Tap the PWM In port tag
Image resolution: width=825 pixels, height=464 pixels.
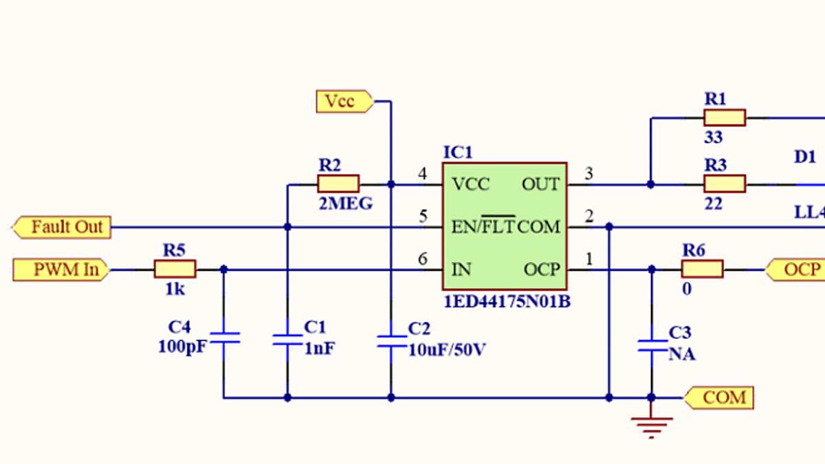point(60,269)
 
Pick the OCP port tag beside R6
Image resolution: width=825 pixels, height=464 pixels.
point(796,269)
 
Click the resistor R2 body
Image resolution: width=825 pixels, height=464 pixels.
point(338,184)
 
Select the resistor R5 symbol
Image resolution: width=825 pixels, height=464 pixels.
point(175,269)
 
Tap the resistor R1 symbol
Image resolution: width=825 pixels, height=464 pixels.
point(725,118)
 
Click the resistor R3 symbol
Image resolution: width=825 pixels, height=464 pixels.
point(725,184)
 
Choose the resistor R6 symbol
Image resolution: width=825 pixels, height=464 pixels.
point(702,269)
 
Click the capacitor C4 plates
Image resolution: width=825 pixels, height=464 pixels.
point(223,337)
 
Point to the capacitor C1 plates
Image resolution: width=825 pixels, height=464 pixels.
point(287,338)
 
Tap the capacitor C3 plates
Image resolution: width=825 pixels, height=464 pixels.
point(651,345)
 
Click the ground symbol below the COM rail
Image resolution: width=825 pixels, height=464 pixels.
point(651,426)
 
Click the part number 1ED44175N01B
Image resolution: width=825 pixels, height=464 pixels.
point(507,301)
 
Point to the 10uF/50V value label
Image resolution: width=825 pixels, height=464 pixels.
point(447,349)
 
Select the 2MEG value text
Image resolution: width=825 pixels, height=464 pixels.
point(345,203)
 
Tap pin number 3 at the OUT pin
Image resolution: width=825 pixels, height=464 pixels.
point(588,174)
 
